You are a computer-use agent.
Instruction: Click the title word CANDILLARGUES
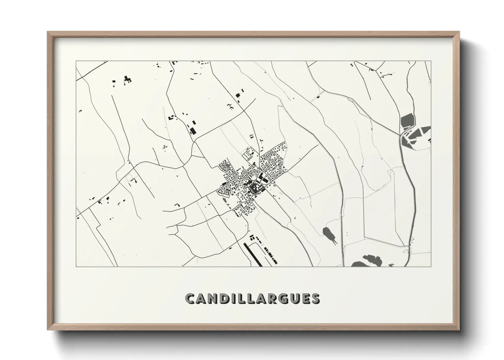(252, 298)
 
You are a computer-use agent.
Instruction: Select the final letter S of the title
(315, 298)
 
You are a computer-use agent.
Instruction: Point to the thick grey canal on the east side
(413, 197)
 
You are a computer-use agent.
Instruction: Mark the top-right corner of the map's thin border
(431, 61)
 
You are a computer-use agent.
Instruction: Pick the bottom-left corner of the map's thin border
(76, 266)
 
